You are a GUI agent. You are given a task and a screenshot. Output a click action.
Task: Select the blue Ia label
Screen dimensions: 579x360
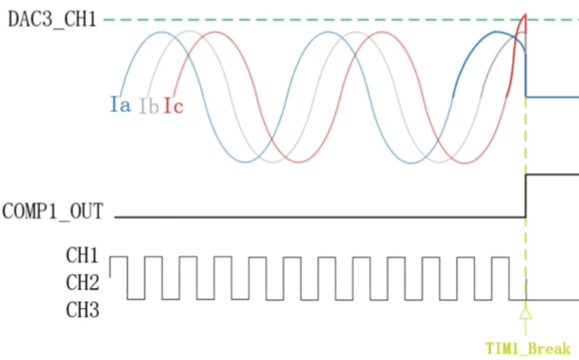120,105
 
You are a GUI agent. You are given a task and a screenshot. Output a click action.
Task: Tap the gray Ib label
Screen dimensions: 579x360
149,106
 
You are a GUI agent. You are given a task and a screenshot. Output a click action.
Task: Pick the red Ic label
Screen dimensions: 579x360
173,106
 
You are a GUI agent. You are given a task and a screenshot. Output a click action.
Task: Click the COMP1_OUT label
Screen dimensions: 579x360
53,211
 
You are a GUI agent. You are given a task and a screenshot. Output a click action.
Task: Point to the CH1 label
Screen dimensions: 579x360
82,255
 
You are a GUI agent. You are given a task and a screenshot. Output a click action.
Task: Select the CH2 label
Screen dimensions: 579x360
82,282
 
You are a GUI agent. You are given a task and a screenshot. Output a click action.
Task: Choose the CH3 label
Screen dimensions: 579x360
82,310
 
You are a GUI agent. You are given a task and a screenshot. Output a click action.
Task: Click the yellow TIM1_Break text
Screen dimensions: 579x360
526,348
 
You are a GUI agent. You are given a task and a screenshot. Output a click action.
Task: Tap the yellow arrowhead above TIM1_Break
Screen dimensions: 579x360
526,313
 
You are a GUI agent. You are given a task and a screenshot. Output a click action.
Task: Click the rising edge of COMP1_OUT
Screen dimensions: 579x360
526,195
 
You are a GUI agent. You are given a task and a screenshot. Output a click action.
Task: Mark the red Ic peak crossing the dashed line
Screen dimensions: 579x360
525,17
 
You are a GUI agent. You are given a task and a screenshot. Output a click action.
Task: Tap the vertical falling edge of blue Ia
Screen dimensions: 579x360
526,72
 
